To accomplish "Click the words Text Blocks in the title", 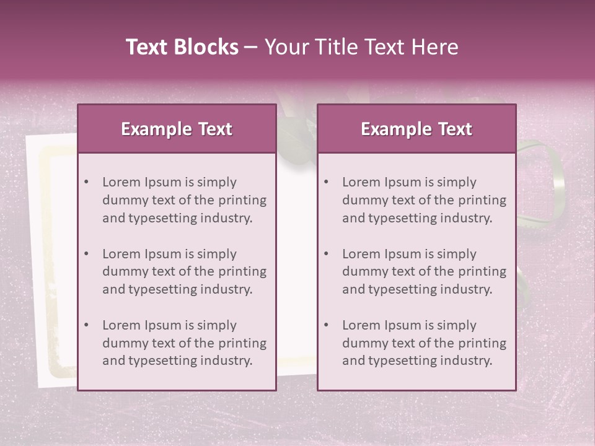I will click(x=182, y=47).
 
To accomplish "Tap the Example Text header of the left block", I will click(x=177, y=129).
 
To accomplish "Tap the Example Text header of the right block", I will click(x=416, y=129).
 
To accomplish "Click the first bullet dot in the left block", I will click(x=86, y=182).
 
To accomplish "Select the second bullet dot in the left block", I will click(x=86, y=254).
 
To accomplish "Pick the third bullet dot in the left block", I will click(x=86, y=325).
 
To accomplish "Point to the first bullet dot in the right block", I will click(x=326, y=182).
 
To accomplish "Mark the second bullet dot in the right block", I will click(x=326, y=254).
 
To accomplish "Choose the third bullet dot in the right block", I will click(x=326, y=325).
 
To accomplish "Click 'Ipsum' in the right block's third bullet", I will click(x=405, y=325).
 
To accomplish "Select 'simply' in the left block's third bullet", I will click(x=216, y=325).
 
